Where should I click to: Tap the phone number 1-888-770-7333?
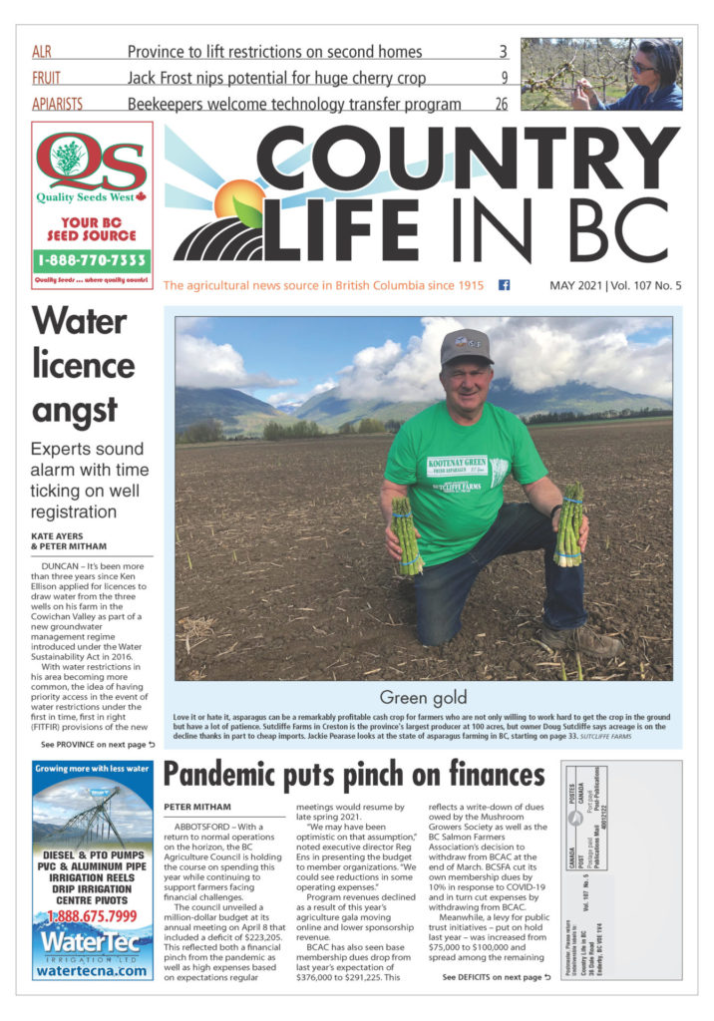[92, 261]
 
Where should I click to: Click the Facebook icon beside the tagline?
[504, 285]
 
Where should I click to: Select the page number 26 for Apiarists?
[502, 103]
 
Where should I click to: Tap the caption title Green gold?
[423, 696]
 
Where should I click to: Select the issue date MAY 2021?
[575, 286]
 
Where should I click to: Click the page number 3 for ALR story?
[504, 51]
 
